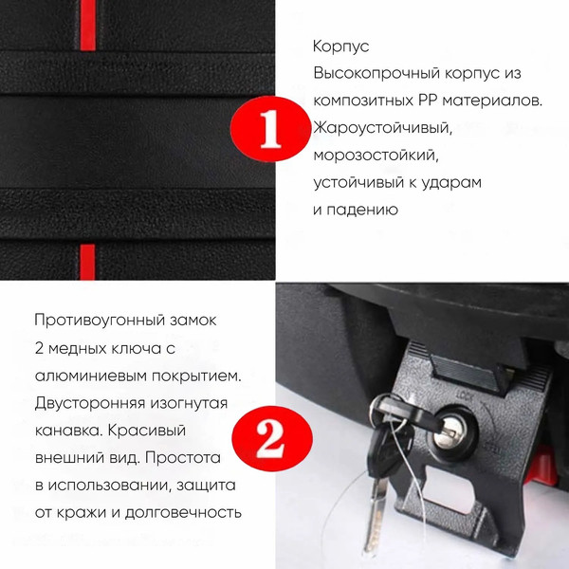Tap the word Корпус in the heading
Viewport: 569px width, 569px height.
click(x=340, y=46)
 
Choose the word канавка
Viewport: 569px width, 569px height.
click(x=64, y=430)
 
